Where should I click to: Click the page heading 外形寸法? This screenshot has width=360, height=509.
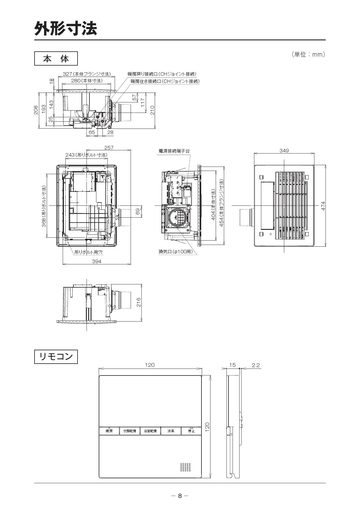point(66,28)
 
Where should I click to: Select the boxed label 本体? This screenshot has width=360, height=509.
point(56,59)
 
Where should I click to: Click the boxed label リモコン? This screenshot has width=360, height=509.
point(56,357)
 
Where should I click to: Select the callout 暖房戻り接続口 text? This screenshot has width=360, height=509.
point(162,74)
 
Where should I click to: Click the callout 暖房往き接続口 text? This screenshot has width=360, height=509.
point(165,81)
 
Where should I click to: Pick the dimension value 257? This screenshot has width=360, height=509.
point(109,148)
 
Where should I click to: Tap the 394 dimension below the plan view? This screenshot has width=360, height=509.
point(97,261)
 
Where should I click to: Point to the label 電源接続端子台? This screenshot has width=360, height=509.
point(174,151)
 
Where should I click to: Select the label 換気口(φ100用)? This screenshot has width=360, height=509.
point(175,252)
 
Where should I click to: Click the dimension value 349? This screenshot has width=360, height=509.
point(284,150)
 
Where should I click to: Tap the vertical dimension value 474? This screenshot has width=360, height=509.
point(323,206)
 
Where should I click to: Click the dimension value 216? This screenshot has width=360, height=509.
point(138,302)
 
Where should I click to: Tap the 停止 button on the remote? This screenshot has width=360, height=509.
point(191,431)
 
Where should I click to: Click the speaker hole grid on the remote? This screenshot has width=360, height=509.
point(186,467)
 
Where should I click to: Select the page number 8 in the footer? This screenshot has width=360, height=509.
point(180,496)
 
